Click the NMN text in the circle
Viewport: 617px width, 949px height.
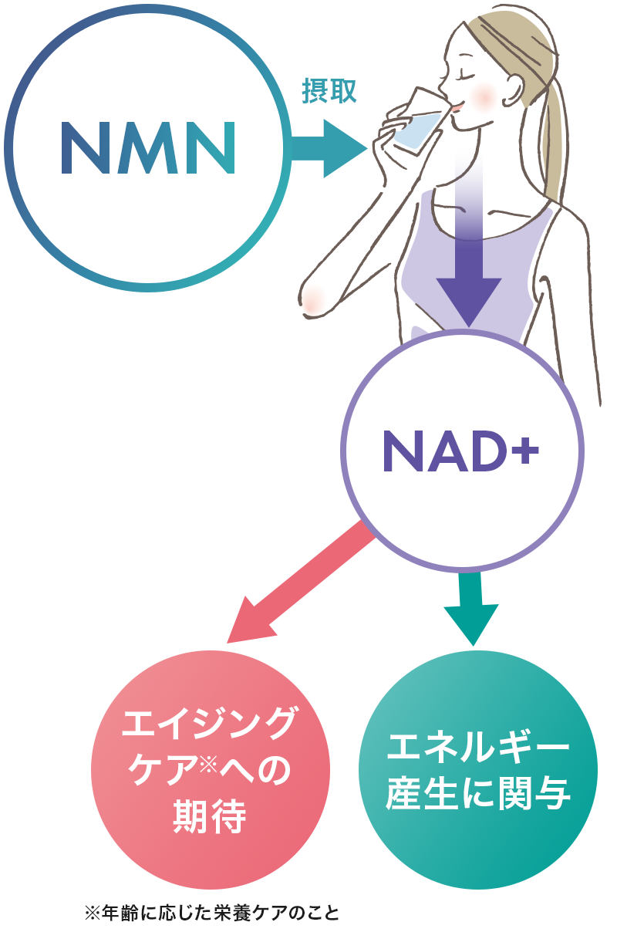click(147, 147)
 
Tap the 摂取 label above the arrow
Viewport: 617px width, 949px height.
click(329, 92)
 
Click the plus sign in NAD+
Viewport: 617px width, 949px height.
click(524, 447)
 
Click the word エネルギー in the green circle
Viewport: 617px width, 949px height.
click(478, 745)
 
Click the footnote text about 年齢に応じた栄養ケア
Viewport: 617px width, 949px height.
click(211, 914)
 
